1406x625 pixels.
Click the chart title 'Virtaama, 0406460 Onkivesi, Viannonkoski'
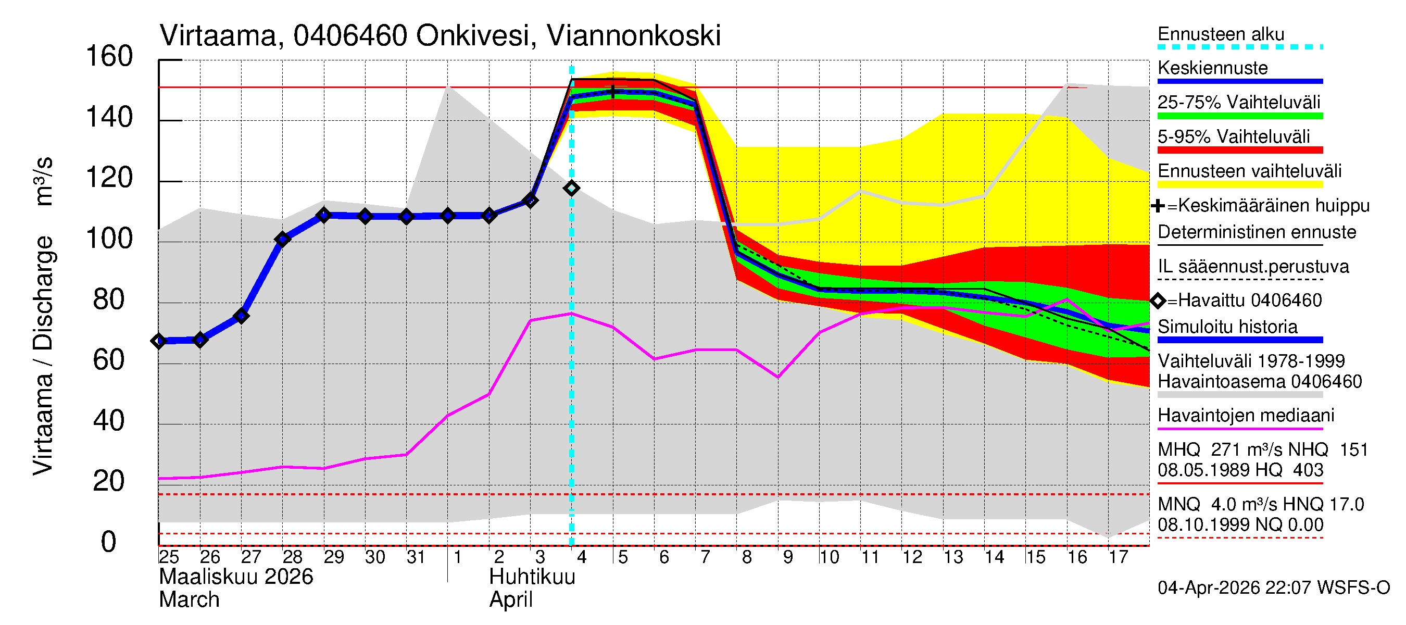pos(440,36)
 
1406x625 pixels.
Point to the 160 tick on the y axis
pos(109,57)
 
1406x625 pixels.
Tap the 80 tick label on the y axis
pos(109,299)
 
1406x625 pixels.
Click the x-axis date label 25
pos(169,557)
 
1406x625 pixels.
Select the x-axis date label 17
pos(1118,557)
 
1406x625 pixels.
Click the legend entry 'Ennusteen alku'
pos(1221,34)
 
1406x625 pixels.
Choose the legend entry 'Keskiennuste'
pos(1212,68)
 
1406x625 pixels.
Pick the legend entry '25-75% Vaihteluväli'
pos(1238,103)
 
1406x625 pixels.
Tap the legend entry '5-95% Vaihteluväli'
pos(1234,136)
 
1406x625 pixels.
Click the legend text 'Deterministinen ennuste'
pos(1257,232)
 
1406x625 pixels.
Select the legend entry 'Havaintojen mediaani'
pos(1246,416)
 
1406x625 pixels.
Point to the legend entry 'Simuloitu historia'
pos(1227,327)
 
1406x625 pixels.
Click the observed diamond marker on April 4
pos(571,189)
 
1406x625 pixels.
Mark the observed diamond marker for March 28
pos(283,239)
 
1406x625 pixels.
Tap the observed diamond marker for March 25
pos(159,341)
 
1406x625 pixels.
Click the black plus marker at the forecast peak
pos(613,91)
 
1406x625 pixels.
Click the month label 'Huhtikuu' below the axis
pos(532,577)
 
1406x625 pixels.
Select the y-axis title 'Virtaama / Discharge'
pos(44,355)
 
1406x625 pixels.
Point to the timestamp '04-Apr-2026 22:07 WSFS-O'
pos(1273,588)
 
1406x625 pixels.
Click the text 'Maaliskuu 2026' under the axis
pos(236,577)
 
